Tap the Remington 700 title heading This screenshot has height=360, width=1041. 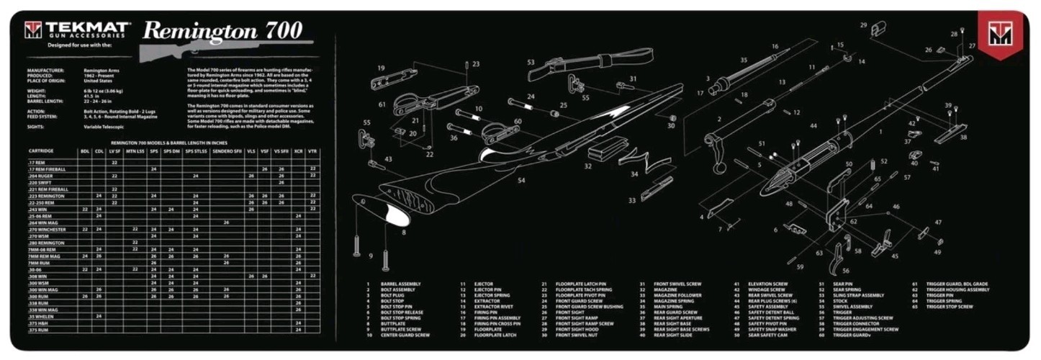(x=222, y=30)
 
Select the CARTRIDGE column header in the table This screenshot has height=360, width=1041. (x=41, y=151)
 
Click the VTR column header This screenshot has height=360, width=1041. (x=312, y=151)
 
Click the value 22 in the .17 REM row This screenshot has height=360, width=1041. (x=114, y=163)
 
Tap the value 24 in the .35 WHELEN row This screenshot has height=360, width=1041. (x=99, y=316)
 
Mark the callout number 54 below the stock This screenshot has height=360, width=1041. (x=520, y=181)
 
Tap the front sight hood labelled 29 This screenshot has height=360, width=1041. (x=877, y=30)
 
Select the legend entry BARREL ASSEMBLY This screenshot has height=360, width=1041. (x=401, y=284)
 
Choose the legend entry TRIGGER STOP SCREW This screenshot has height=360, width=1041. (x=948, y=307)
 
